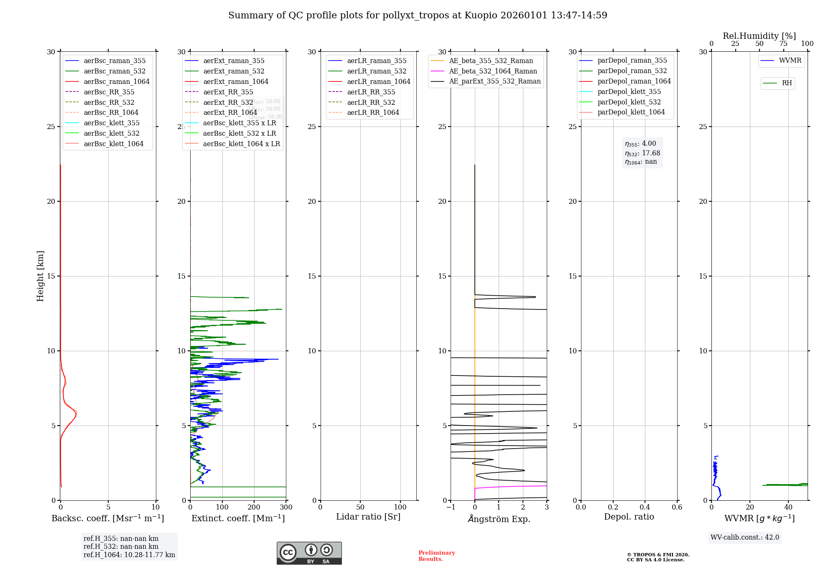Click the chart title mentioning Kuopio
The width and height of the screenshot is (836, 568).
pyautogui.click(x=418, y=15)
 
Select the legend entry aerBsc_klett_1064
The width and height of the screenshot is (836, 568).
pyautogui.click(x=113, y=144)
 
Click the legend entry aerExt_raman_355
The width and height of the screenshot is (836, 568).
pyautogui.click(x=234, y=61)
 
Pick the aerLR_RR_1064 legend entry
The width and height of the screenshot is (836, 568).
pyautogui.click(x=373, y=113)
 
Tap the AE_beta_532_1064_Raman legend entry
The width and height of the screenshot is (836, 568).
pyautogui.click(x=493, y=71)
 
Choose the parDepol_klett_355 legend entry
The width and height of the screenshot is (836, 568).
pyautogui.click(x=629, y=92)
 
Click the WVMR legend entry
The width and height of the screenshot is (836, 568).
pyautogui.click(x=790, y=61)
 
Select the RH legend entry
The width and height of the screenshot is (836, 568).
pyautogui.click(x=787, y=83)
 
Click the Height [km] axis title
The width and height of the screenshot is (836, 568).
pyautogui.click(x=40, y=276)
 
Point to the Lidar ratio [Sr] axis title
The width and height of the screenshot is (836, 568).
pyautogui.click(x=368, y=517)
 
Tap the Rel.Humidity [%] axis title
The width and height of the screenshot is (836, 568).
pyautogui.click(x=759, y=36)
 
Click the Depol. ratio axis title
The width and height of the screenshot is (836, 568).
pyautogui.click(x=629, y=517)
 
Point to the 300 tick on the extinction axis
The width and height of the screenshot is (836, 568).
pyautogui.click(x=286, y=507)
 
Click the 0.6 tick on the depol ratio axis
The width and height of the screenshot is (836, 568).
pyautogui.click(x=677, y=507)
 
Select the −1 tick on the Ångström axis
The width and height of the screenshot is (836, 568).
pyautogui.click(x=451, y=507)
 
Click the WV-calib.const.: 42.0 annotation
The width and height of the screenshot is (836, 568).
pyautogui.click(x=744, y=538)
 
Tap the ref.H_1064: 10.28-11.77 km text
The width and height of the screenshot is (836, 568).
pyautogui.click(x=129, y=555)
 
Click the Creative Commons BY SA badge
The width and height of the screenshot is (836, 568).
pyautogui.click(x=309, y=553)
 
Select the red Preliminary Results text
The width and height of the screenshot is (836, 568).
pyautogui.click(x=436, y=556)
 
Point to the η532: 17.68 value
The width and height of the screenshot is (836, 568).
pyautogui.click(x=642, y=153)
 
